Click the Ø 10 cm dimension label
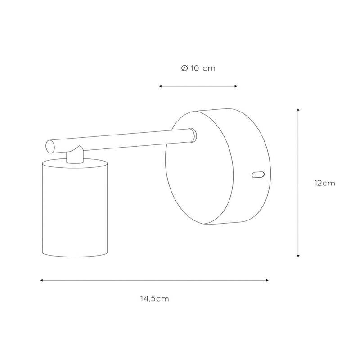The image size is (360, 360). click(198, 68)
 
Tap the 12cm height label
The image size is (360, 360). click(324, 183)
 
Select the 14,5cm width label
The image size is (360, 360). click(155, 299)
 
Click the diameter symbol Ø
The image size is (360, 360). click(184, 68)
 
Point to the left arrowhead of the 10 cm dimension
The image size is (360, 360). click(161, 86)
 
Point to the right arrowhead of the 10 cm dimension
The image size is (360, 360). click(235, 86)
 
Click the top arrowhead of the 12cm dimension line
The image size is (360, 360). click(298, 110)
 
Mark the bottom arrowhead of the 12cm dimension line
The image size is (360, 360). click(298, 256)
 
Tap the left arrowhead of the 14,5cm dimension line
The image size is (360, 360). click(42, 280)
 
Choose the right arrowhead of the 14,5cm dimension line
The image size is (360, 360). click(267, 280)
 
